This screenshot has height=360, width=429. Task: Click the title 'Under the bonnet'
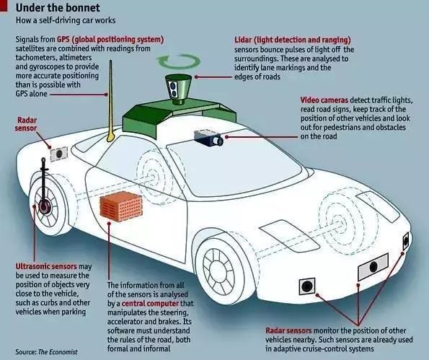click(58, 8)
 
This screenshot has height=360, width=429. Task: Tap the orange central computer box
click(121, 206)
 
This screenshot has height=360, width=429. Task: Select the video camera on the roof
click(209, 138)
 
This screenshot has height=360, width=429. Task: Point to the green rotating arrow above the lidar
click(178, 61)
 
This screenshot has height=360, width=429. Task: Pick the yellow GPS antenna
click(110, 101)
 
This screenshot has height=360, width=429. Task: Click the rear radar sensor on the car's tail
click(59, 154)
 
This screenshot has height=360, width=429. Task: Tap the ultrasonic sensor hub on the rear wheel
click(44, 206)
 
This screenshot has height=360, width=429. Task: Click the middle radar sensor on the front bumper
click(373, 266)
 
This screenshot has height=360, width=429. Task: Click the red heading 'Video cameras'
click(324, 100)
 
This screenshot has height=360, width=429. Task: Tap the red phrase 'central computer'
click(150, 303)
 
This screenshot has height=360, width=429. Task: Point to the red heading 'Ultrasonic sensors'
click(46, 266)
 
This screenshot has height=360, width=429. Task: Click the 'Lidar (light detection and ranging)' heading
click(293, 40)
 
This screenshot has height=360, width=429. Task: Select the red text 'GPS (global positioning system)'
click(110, 40)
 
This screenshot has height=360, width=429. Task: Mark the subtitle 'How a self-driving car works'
click(66, 20)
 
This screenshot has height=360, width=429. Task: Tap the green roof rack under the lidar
click(180, 115)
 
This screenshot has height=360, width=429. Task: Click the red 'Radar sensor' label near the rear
click(26, 124)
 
